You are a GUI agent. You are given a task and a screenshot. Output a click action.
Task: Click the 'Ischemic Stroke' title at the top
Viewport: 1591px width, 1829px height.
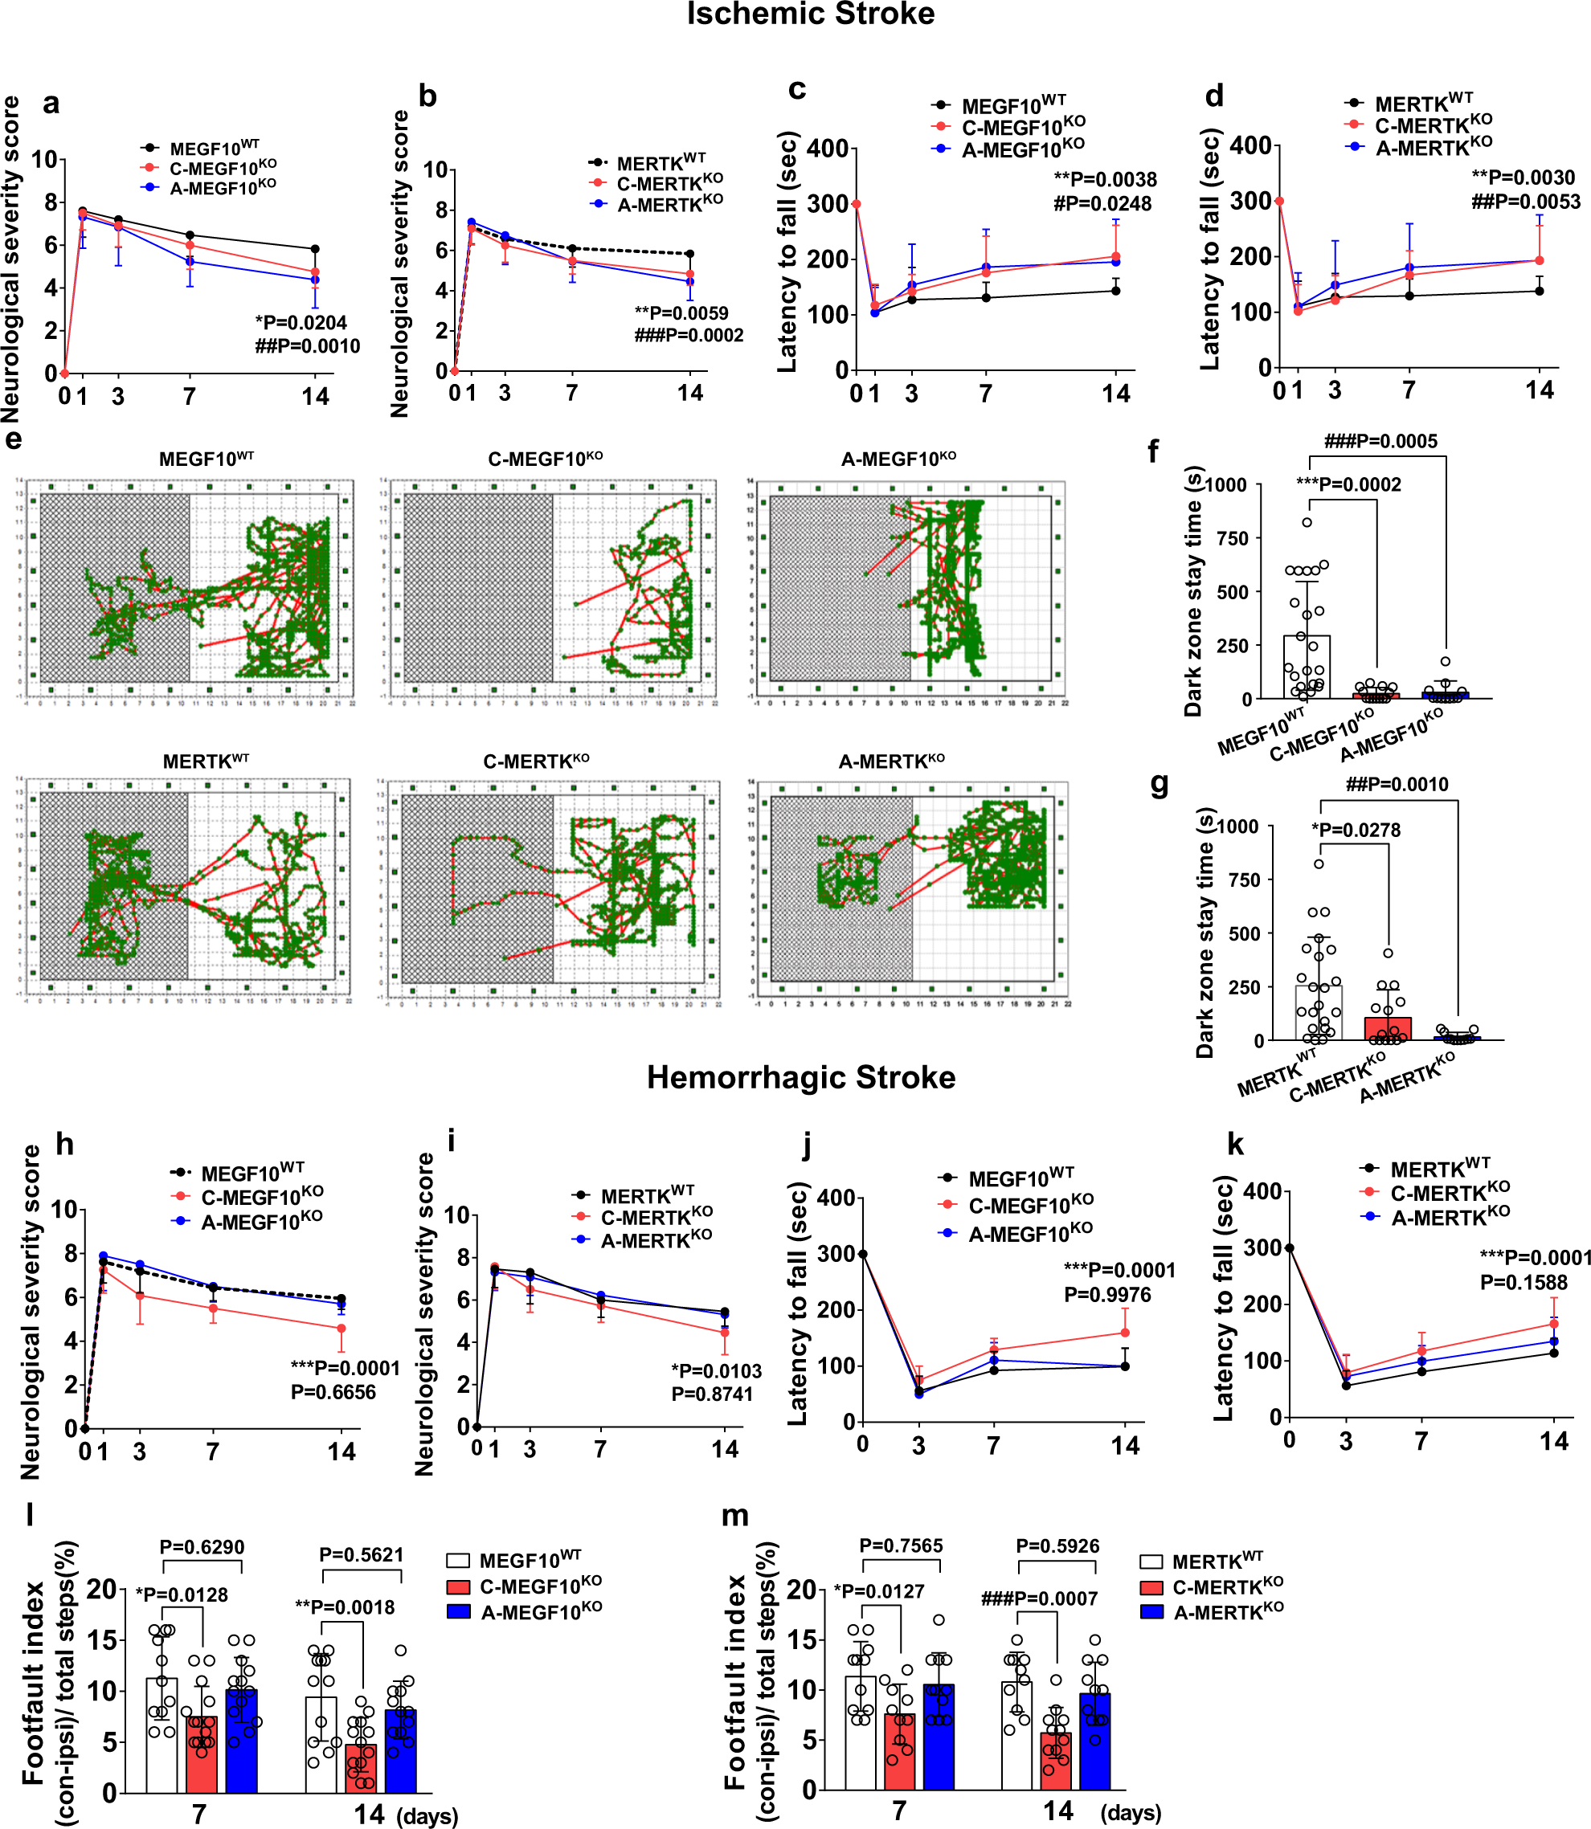point(810,14)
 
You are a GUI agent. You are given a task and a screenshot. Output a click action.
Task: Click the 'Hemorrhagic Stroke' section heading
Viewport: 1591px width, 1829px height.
point(801,1076)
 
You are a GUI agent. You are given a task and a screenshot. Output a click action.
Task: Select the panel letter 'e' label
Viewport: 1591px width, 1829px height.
point(14,439)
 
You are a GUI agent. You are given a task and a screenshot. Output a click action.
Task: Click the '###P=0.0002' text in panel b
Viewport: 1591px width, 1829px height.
point(689,336)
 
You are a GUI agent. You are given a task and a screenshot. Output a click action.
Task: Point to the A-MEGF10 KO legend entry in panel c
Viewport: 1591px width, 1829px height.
point(1021,149)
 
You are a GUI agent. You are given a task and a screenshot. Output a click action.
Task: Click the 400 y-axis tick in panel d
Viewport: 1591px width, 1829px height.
point(1252,145)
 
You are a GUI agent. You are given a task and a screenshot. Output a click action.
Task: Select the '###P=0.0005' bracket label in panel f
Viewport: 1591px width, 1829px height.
point(1380,441)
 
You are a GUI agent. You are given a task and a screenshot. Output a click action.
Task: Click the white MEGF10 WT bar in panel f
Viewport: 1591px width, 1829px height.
point(1306,667)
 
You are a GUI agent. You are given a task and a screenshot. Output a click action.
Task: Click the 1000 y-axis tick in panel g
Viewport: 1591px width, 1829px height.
point(1237,827)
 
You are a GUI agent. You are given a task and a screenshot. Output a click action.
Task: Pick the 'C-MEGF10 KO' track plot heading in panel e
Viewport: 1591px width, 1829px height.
point(545,459)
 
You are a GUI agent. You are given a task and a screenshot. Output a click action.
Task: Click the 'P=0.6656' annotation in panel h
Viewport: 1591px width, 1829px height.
point(333,1391)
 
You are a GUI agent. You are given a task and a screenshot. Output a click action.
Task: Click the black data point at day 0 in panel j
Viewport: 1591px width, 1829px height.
point(862,1254)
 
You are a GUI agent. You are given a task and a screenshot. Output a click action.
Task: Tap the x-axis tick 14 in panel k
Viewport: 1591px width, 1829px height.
point(1554,1441)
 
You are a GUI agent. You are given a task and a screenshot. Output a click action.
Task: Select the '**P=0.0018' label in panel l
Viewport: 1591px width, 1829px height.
point(345,1607)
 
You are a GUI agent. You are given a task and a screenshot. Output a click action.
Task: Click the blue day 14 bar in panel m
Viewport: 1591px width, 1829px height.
point(1094,1741)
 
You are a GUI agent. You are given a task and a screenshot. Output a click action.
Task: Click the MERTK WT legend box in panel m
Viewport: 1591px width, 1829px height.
point(1151,1562)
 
